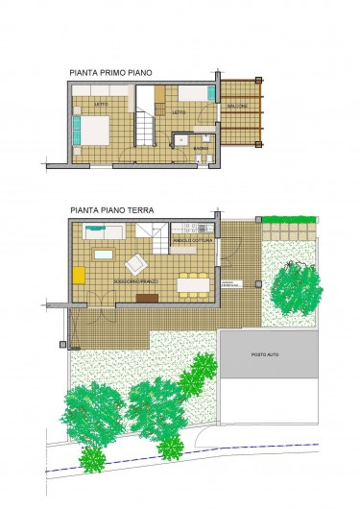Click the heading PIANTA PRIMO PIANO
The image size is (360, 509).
pyautogui.click(x=110, y=72)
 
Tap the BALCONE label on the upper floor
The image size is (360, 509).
pyautogui.click(x=237, y=106)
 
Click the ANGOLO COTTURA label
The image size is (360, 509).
pyautogui.click(x=195, y=241)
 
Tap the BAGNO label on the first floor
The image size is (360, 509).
pyautogui.click(x=199, y=149)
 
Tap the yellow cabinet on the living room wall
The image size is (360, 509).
pyautogui.click(x=80, y=275)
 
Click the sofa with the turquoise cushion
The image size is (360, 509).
pyautogui.click(x=104, y=231)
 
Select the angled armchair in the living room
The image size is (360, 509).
pyautogui.click(x=136, y=262)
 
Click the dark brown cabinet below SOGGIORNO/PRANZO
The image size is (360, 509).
pyautogui.click(x=147, y=298)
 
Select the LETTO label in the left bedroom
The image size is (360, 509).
pyautogui.click(x=100, y=103)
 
